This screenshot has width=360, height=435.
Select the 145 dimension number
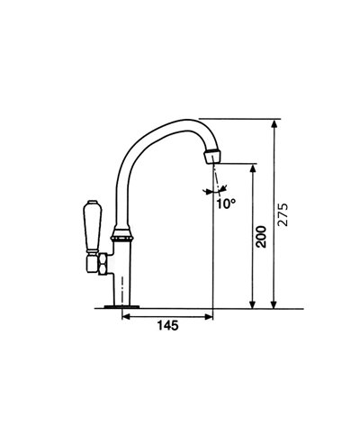pyautogui.click(x=166, y=326)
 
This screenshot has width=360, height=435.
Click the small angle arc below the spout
pyautogui.click(x=214, y=190)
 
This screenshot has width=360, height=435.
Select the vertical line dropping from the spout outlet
pyautogui.click(x=212, y=252)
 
